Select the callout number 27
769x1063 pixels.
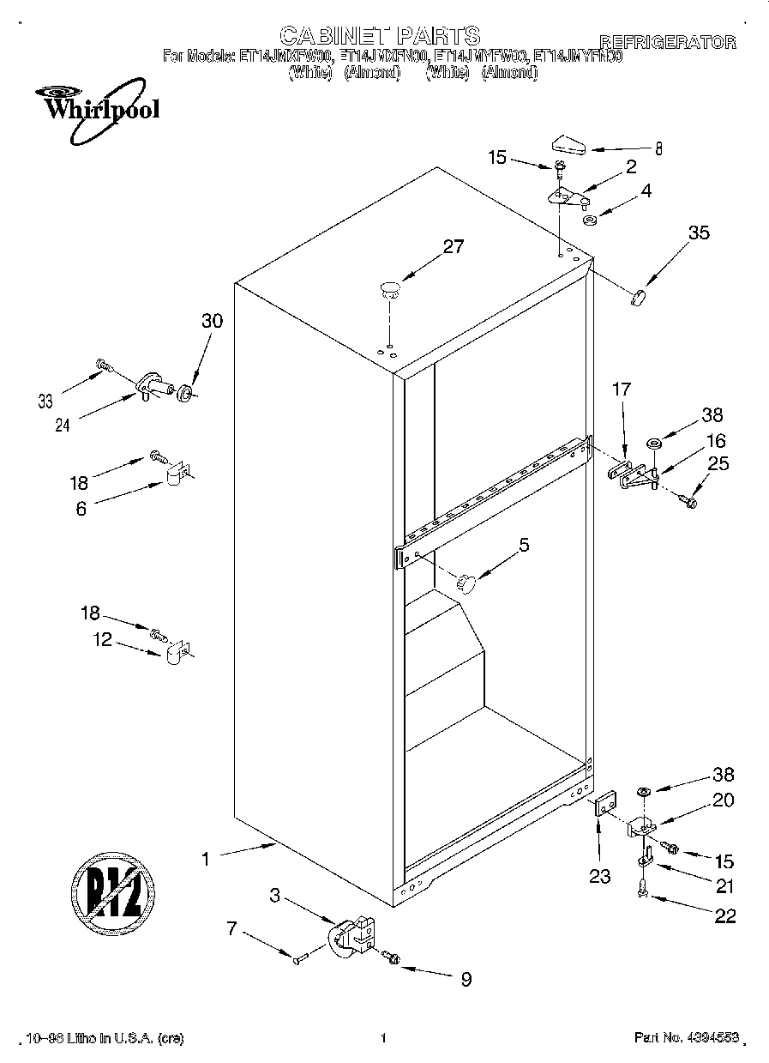453,247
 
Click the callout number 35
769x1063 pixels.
699,232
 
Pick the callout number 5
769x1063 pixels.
524,544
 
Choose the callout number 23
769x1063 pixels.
600,876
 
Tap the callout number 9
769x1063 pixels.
466,979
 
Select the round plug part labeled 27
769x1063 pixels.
390,288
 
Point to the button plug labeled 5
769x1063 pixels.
466,583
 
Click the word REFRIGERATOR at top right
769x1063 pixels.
667,41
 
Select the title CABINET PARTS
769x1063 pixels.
380,35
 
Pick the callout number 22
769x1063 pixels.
724,916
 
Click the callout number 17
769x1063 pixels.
621,390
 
